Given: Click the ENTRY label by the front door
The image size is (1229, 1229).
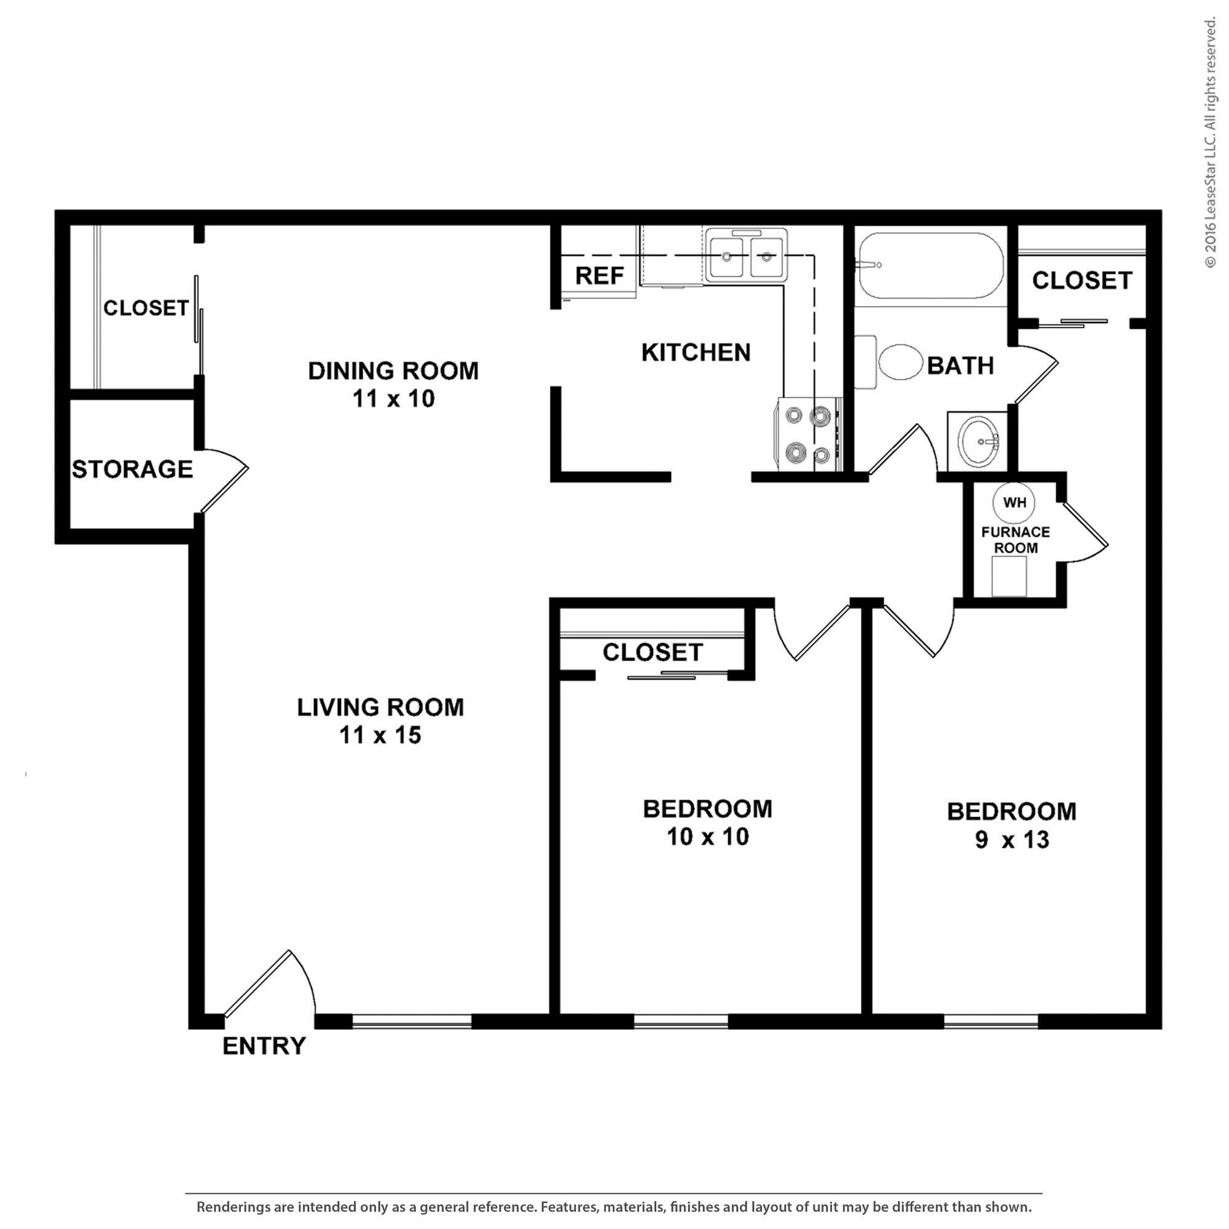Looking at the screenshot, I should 264,1046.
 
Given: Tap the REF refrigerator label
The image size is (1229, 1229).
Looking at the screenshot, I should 599,276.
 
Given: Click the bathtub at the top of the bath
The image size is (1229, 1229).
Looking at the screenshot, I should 930,265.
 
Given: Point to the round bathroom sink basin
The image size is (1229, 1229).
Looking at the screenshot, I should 978,440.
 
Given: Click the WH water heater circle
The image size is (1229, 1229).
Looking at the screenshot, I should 1014,503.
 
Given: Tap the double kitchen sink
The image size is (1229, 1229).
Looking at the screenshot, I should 746,256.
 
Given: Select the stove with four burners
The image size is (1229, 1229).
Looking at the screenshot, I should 807,434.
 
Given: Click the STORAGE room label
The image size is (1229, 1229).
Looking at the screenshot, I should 132,469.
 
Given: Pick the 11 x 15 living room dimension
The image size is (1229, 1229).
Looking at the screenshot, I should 380,736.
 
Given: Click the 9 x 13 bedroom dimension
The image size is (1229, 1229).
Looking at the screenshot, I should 1011,839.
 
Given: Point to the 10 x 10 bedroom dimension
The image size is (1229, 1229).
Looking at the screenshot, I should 707,836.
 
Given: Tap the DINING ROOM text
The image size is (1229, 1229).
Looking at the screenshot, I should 393,371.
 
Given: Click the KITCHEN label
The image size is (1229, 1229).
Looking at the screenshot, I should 696,352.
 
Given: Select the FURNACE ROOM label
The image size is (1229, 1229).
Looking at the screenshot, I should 1015,540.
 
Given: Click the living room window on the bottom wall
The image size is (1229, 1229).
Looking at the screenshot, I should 412,1022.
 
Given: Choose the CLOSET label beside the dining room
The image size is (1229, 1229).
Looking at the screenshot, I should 146,308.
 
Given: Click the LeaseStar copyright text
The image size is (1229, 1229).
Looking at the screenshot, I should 1210,143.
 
